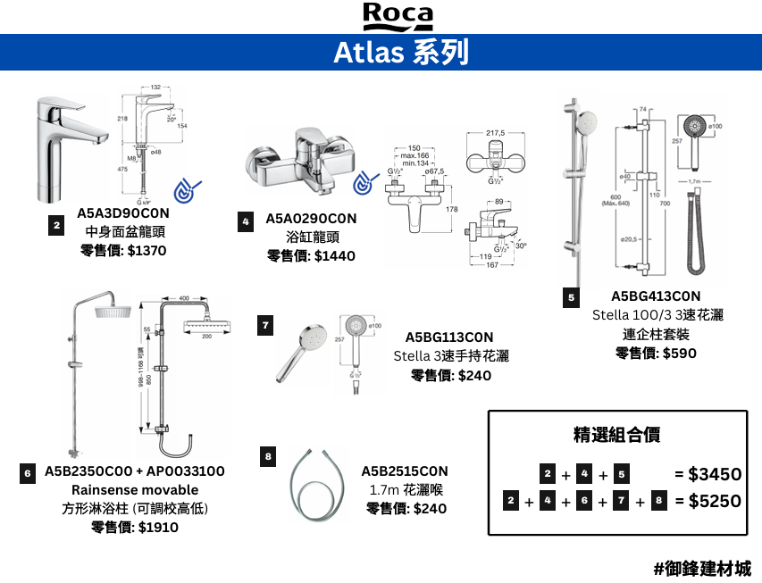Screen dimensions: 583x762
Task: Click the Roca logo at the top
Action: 398,16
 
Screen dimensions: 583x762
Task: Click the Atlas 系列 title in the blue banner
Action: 400,53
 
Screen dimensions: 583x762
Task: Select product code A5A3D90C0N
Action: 122,213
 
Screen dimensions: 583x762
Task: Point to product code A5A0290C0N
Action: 311,219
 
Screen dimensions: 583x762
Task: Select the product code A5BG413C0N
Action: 656,296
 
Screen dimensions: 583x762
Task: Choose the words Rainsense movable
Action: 135,490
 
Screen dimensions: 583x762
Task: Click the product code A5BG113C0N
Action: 450,337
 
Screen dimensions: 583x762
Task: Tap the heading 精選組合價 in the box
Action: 616,435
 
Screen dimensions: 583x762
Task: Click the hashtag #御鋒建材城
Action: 702,568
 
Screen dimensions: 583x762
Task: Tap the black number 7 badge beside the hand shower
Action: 265,326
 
